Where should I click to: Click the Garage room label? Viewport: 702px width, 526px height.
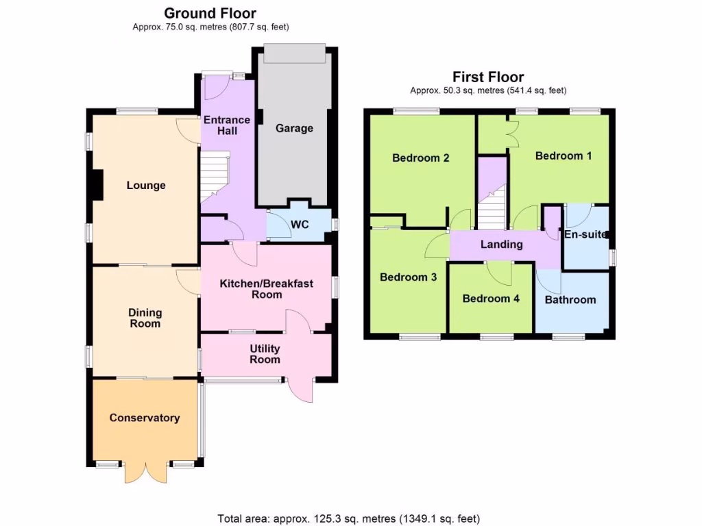point(294,128)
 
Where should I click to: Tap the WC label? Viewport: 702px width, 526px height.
point(300,224)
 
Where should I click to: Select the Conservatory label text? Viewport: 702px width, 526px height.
point(145,418)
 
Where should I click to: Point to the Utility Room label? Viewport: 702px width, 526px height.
point(265,354)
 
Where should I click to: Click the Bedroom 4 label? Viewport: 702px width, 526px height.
point(490,299)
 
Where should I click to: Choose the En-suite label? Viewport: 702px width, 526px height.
point(585,234)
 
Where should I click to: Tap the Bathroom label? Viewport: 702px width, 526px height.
point(570,299)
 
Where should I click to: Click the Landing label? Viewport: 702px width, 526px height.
point(501,245)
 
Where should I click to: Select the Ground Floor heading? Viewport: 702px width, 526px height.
point(210,13)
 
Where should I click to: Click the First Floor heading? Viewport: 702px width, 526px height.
point(487,77)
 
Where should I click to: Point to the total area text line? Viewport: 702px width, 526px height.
point(348,518)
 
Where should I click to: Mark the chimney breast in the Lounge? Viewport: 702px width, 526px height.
point(97,185)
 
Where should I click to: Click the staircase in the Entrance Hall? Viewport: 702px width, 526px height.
point(214,177)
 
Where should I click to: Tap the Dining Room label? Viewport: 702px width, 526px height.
point(145,318)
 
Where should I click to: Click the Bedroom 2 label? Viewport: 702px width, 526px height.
point(420,158)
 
